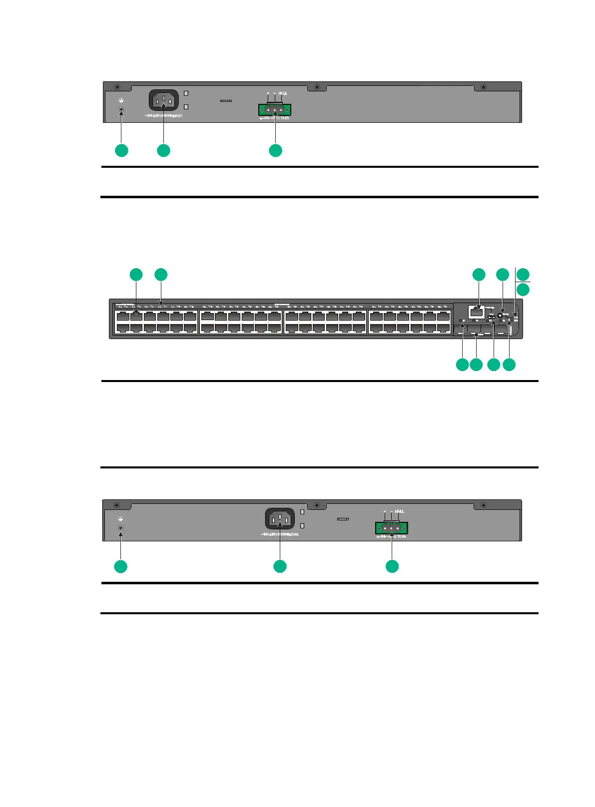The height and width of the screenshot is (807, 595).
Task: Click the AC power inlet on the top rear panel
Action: [x=163, y=100]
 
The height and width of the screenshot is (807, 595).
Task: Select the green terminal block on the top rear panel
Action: [x=275, y=109]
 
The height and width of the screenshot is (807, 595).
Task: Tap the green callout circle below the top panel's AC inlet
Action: [x=163, y=150]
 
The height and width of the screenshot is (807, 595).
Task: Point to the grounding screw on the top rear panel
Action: [x=121, y=110]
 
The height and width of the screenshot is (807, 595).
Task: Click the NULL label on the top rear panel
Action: [x=283, y=93]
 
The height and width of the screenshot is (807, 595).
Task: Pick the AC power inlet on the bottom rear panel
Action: [x=279, y=518]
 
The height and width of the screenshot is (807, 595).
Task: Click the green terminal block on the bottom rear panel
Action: [x=392, y=528]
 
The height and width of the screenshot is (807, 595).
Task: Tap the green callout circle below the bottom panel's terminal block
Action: [x=392, y=566]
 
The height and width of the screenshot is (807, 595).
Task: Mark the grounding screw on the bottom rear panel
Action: [x=120, y=528]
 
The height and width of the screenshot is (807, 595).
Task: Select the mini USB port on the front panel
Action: [x=492, y=316]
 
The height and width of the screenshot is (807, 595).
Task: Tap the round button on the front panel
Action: [x=500, y=316]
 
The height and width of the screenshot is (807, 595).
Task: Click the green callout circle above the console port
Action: [x=479, y=274]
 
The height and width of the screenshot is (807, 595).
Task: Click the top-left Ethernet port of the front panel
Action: [x=123, y=316]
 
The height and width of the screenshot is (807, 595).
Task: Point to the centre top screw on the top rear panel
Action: [x=317, y=87]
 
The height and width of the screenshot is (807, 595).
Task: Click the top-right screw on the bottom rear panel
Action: [x=483, y=505]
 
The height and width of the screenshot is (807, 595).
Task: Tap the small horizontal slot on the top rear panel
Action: [x=226, y=100]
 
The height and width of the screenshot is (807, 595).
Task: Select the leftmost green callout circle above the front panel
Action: [x=136, y=274]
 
